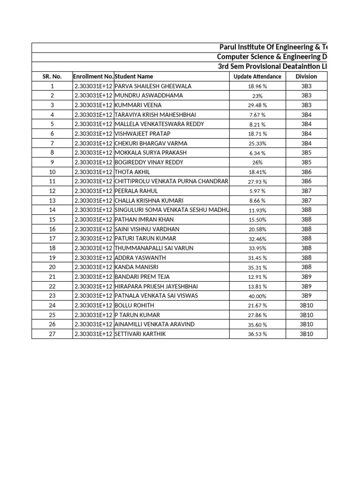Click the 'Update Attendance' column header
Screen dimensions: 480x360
(x=257, y=76)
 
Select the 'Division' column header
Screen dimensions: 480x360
(x=306, y=76)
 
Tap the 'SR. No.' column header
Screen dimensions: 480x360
(x=52, y=76)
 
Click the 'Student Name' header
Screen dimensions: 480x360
(x=134, y=76)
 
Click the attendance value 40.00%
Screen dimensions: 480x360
(x=257, y=296)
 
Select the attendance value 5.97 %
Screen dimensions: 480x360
(x=257, y=191)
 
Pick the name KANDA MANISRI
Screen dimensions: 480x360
(x=136, y=267)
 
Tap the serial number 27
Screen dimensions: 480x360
(x=52, y=334)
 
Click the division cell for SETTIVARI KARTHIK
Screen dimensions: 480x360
(x=306, y=334)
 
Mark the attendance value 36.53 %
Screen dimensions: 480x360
(x=257, y=334)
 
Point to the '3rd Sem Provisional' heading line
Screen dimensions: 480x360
(x=272, y=67)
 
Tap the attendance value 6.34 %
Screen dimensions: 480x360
(x=257, y=153)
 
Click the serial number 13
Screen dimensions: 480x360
(x=52, y=201)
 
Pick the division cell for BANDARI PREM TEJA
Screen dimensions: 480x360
(x=306, y=277)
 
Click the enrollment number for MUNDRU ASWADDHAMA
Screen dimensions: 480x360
(x=93, y=96)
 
